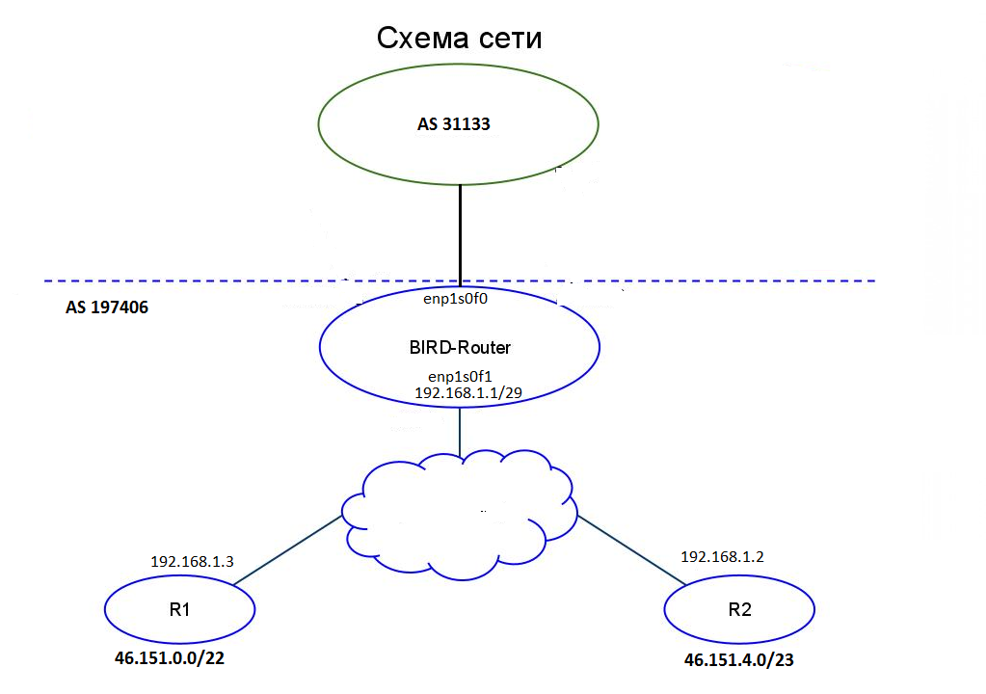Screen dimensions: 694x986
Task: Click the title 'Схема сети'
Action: point(459,39)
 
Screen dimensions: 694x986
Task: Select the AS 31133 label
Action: point(459,124)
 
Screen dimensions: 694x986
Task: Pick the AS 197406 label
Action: point(107,310)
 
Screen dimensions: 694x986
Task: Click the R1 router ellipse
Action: point(179,610)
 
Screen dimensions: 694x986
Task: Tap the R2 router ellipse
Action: point(739,610)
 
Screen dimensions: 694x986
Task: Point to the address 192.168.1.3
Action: point(192,560)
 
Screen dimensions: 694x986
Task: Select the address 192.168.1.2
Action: point(723,556)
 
